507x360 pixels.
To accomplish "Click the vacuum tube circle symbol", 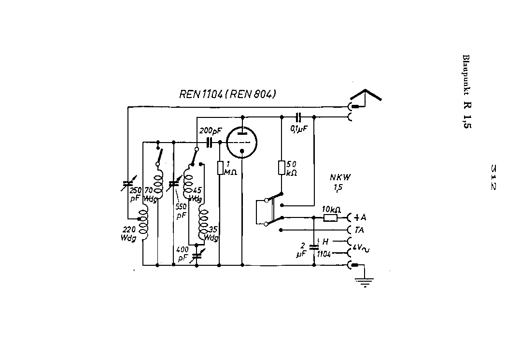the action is (242, 143).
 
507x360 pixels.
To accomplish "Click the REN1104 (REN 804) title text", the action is (228, 95).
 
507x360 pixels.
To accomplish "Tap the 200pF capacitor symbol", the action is (210, 142).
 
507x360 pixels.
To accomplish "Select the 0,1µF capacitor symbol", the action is (298, 116).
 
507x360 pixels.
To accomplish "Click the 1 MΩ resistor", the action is (220, 168).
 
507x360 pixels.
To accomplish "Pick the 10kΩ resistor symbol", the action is (331, 218).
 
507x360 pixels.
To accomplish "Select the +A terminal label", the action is (360, 217).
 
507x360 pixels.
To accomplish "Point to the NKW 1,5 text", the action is (340, 181).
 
